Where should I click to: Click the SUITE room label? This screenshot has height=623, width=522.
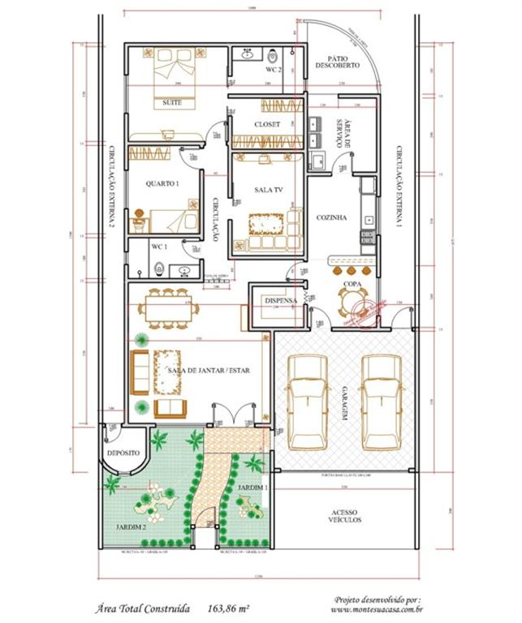[172, 103]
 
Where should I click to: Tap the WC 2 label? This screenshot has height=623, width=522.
[274, 70]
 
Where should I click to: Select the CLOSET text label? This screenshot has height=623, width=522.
[267, 124]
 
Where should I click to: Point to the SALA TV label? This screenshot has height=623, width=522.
[269, 190]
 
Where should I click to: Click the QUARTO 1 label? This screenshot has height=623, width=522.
[162, 185]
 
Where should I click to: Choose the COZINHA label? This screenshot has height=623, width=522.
[331, 217]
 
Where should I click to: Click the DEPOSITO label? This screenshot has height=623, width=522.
[123, 452]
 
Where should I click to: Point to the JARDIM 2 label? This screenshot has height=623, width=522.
[131, 526]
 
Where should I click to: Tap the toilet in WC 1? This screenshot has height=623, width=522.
[161, 268]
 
